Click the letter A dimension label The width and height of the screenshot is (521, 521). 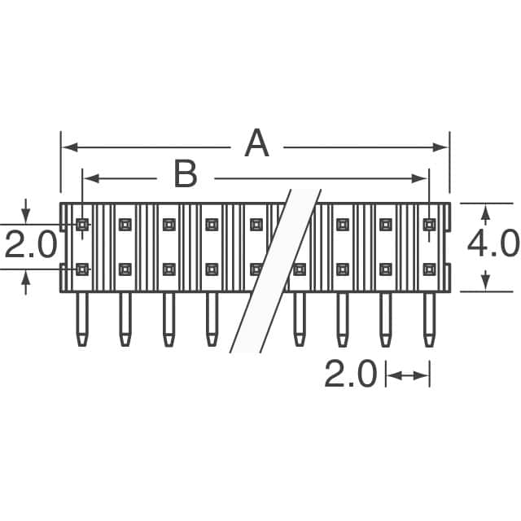tap(256, 146)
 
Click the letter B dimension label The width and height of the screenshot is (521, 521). tap(186, 175)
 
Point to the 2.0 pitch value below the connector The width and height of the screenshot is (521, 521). tap(351, 375)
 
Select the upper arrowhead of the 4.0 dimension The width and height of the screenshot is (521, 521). tap(486, 212)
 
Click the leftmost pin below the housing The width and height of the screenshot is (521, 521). tap(82, 319)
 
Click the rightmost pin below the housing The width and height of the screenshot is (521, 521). tap(429, 319)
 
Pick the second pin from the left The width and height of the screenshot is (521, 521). tap(125, 319)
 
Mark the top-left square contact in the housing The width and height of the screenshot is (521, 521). tap(82, 224)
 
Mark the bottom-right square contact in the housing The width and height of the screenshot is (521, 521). tap(429, 269)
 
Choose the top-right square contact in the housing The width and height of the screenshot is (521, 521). tap(429, 224)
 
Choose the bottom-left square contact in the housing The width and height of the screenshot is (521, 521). tap(82, 269)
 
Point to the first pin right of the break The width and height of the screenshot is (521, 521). tap(300, 319)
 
